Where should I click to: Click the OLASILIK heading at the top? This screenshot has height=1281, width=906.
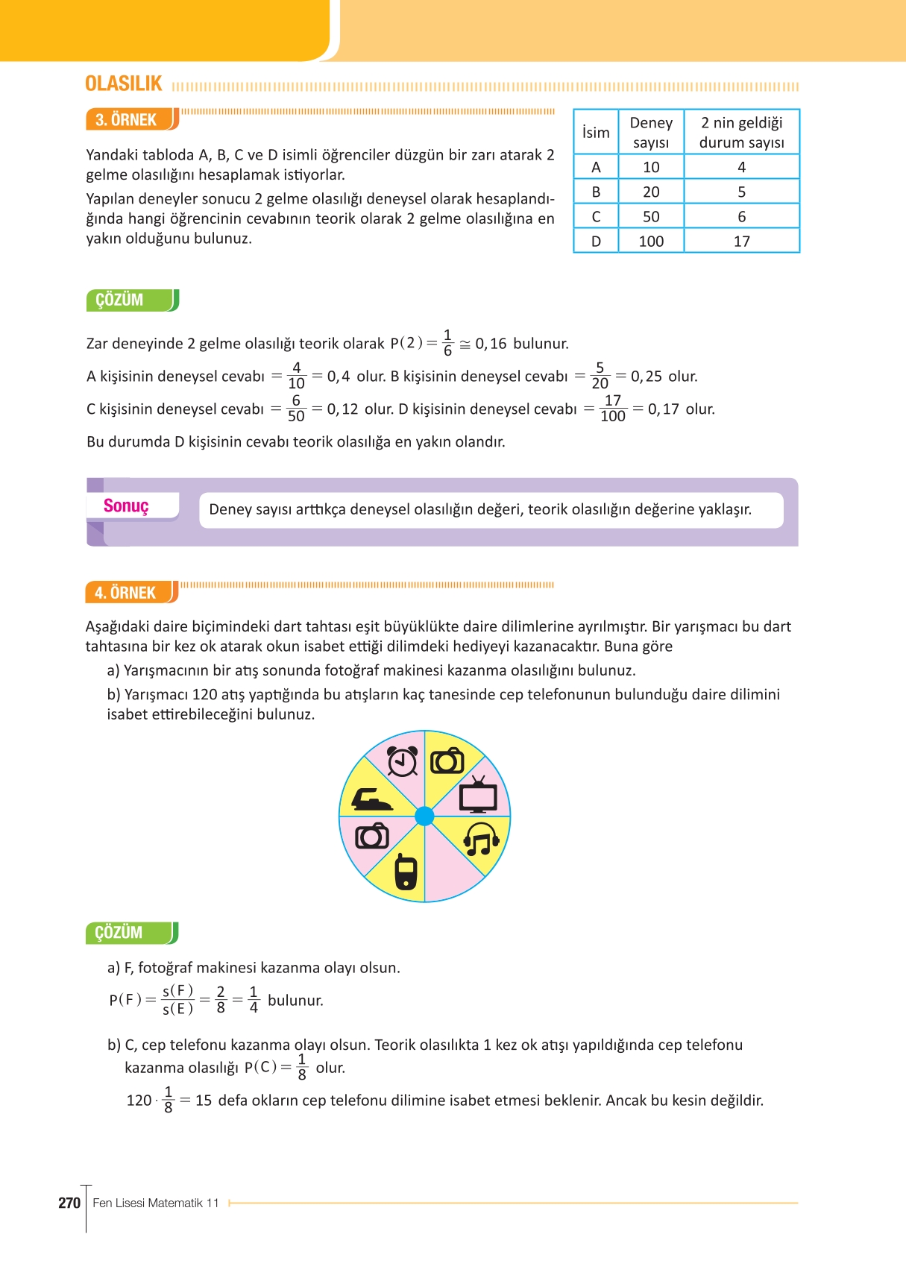point(124,84)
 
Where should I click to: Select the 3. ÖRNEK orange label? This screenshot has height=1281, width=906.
point(127,120)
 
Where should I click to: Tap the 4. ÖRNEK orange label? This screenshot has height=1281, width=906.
point(126,593)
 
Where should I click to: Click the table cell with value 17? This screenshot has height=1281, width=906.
point(741,241)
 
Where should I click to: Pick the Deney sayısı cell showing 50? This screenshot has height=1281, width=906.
point(651,216)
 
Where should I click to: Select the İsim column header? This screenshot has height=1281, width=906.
point(596,132)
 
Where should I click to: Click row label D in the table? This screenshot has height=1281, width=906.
point(596,241)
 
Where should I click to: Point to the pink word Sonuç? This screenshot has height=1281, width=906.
point(126,506)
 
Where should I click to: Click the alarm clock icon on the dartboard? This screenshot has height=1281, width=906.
point(403,761)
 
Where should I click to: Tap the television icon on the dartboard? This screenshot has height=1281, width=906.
point(478,795)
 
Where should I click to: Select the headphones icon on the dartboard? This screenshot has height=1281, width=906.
point(481,840)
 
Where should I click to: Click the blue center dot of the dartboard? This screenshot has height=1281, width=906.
point(424,816)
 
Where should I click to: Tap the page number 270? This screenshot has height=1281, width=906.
point(69,1203)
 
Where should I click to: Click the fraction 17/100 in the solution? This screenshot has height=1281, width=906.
point(613,409)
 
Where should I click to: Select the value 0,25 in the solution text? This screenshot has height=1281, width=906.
point(647,377)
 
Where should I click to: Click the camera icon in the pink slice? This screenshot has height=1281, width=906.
point(372,837)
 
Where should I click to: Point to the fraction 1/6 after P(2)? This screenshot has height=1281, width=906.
point(447,343)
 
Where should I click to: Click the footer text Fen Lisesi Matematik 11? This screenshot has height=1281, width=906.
point(156,1203)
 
